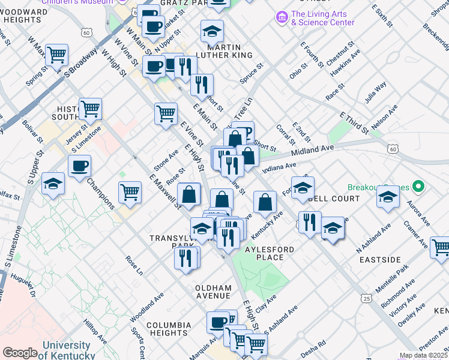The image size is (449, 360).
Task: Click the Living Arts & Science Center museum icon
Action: coord(281,18)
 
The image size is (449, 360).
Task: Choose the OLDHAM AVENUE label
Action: coord(213,292)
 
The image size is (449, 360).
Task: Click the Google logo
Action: coord(20,353)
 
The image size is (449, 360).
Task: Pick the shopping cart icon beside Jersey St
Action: coord(90,109)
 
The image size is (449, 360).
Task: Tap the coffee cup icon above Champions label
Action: coord(79,166)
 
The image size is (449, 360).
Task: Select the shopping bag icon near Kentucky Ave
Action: coord(265,202)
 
